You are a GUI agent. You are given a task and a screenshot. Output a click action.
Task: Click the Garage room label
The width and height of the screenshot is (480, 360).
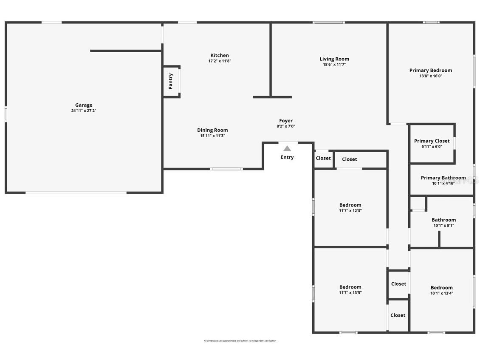84,105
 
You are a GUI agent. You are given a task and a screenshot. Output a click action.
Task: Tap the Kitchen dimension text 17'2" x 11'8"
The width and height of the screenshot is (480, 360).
220,61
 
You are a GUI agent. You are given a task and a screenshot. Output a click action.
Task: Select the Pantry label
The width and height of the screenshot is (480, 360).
171,81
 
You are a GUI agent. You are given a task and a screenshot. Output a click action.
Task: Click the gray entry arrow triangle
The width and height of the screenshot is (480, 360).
287,148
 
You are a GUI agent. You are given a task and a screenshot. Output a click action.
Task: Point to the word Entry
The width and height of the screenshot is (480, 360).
287,157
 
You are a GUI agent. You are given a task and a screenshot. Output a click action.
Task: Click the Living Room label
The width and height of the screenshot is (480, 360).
334,59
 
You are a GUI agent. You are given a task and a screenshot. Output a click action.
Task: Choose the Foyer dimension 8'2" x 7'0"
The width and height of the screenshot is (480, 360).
285,126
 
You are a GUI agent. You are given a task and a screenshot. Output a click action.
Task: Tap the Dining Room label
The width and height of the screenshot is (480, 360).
212,130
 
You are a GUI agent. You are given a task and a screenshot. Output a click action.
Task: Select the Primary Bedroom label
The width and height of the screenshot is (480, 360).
431,70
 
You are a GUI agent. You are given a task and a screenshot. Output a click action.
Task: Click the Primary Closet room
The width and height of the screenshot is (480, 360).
432,143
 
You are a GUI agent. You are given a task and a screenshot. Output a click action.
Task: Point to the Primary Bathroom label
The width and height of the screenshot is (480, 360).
443,178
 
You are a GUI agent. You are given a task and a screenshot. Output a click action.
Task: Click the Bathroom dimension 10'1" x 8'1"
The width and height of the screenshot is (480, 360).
443,226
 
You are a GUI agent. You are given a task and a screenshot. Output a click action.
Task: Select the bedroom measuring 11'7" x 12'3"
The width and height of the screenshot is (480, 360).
350,207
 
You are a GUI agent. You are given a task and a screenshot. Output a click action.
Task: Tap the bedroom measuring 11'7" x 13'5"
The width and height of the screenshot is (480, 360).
350,289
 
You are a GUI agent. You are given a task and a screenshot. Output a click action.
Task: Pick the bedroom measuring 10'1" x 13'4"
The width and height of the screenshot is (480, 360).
442,290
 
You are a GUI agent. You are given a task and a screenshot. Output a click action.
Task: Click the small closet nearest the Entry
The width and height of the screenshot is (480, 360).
323,158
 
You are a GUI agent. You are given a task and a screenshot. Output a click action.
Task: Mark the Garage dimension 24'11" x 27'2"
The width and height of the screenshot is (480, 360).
84,111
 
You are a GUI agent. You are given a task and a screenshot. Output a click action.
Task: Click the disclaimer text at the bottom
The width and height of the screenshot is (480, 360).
240,341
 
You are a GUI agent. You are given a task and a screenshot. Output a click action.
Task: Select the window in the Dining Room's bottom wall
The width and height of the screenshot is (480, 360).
226,169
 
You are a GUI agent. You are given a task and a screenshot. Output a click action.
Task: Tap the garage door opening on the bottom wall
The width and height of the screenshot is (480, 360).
76,193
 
